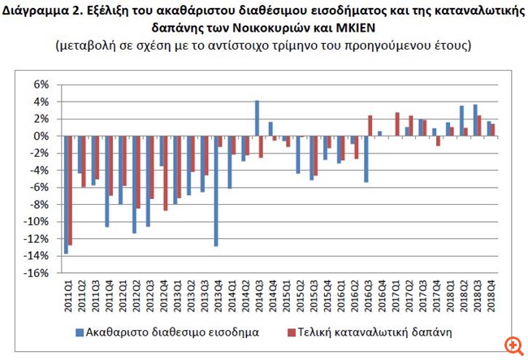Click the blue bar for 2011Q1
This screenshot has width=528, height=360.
click(66, 195)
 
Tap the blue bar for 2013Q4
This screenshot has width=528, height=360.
click(216, 191)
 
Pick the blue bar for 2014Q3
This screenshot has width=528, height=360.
click(257, 119)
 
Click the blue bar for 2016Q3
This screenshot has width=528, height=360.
click(366, 159)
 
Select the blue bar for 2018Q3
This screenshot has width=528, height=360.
click(475, 120)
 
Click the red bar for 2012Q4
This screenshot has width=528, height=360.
click(166, 173)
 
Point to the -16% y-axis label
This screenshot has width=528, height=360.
click(37, 273)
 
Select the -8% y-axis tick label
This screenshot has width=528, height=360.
click(40, 205)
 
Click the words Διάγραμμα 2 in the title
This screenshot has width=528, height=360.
click(37, 10)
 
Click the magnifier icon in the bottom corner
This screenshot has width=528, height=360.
click(512, 345)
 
